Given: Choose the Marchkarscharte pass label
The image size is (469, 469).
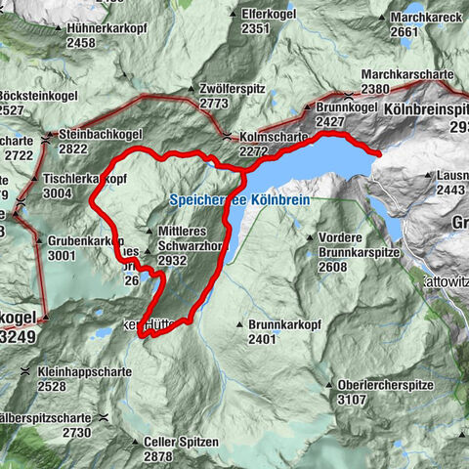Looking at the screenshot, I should coord(407,74).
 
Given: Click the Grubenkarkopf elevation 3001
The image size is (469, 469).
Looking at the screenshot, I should coord(62,255).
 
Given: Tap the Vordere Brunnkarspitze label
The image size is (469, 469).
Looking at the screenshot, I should coord(359,237).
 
